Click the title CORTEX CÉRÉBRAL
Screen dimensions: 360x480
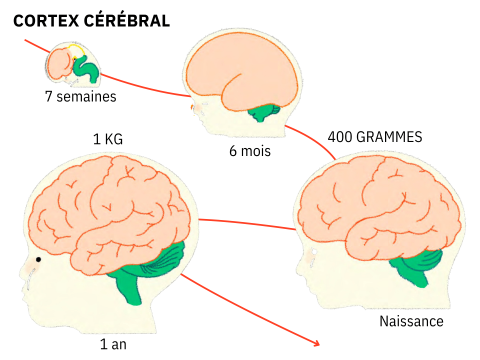(91, 20)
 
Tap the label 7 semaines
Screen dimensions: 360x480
(81, 97)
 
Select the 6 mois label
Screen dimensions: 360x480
(249, 152)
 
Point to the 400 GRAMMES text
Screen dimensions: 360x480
(375, 135)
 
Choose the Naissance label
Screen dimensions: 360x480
(411, 322)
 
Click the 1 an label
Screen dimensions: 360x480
(113, 344)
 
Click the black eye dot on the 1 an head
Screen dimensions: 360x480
(38, 261)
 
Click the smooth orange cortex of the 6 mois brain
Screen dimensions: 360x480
(240, 70)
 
